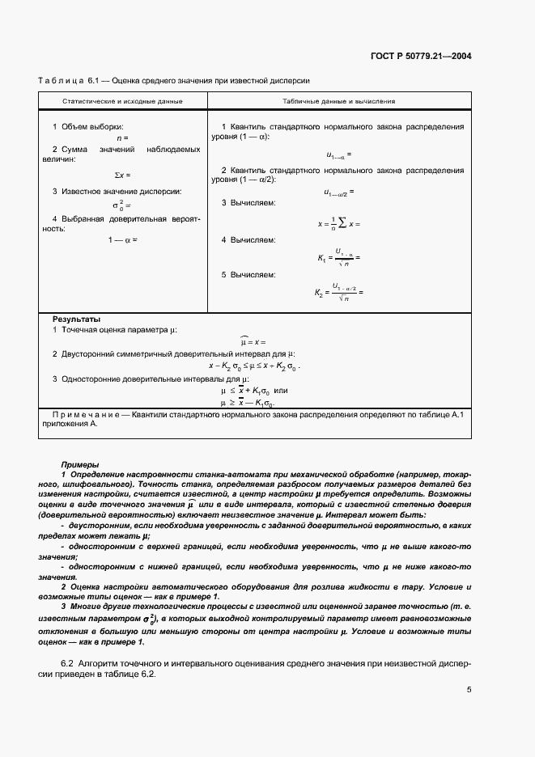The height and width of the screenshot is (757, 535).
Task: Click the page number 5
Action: tap(469, 690)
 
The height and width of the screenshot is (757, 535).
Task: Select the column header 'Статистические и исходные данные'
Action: tap(123, 101)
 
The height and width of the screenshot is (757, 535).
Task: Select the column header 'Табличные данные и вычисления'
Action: tap(339, 101)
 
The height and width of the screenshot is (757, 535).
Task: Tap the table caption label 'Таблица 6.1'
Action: tap(67, 81)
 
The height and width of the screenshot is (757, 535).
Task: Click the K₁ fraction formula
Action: tap(338, 256)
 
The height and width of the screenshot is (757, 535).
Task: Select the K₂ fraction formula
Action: tap(339, 293)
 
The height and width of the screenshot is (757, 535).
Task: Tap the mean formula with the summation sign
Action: tap(339, 222)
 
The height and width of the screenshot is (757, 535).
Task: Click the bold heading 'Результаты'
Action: tap(76, 319)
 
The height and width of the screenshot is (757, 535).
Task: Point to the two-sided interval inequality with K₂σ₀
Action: tap(254, 366)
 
